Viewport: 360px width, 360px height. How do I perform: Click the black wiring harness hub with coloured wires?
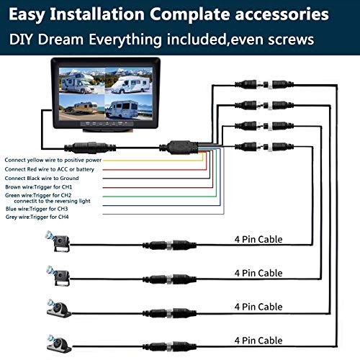(187, 145)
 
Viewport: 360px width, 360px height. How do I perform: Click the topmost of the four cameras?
(58, 243)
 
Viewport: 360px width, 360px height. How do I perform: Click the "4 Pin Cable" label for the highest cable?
(258, 239)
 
